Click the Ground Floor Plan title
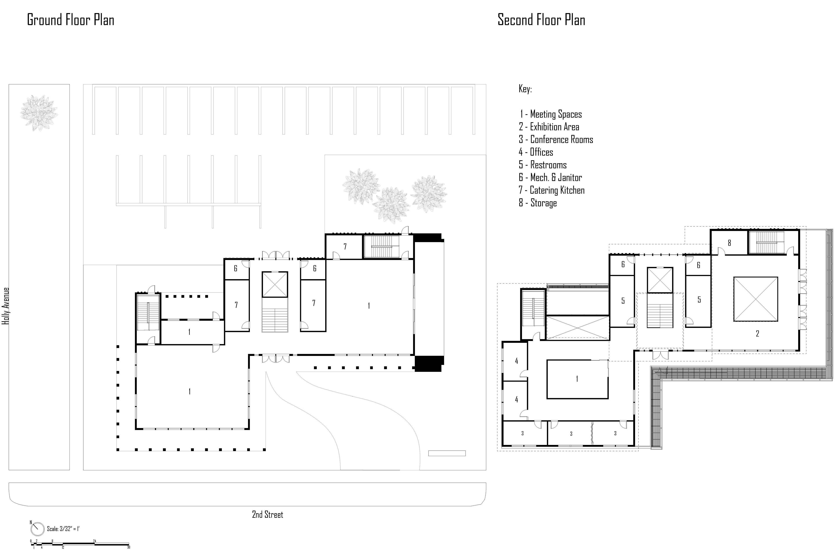[x=71, y=20]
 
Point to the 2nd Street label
[x=268, y=515]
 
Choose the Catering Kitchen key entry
[x=551, y=190]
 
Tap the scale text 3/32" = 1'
[x=63, y=528]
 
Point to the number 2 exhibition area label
[x=757, y=334]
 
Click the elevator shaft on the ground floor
[x=275, y=284]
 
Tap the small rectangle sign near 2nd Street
[x=447, y=453]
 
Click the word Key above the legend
[x=525, y=89]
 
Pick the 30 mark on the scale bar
[x=129, y=547]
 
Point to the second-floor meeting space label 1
[x=577, y=379]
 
